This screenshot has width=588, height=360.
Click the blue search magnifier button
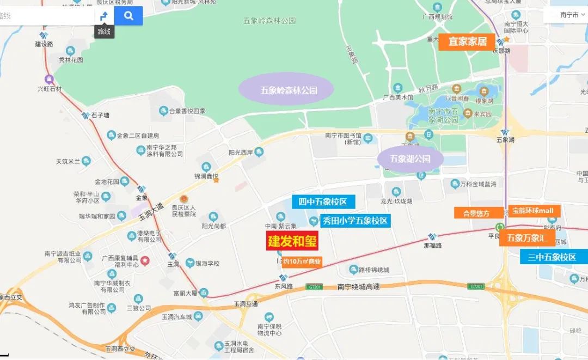point(128,16)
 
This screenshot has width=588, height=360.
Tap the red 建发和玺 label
point(292,241)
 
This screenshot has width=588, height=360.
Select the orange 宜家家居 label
point(467,41)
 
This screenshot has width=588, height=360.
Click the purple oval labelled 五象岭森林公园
point(286,89)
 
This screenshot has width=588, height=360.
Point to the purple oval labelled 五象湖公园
point(410,159)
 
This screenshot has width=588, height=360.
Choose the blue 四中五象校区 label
point(323,202)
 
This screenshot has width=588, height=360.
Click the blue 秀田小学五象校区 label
point(354,221)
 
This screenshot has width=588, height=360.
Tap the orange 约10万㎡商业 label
point(302,261)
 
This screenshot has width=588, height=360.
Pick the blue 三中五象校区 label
point(552,257)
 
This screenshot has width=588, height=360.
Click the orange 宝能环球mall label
point(535,210)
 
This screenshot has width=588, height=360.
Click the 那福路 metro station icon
point(432,236)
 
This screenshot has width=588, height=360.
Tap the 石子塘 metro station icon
point(85,115)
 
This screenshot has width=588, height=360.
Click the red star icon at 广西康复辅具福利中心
point(145,261)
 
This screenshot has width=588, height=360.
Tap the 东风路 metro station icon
point(283,278)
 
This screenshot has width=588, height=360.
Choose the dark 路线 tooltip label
point(104,32)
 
